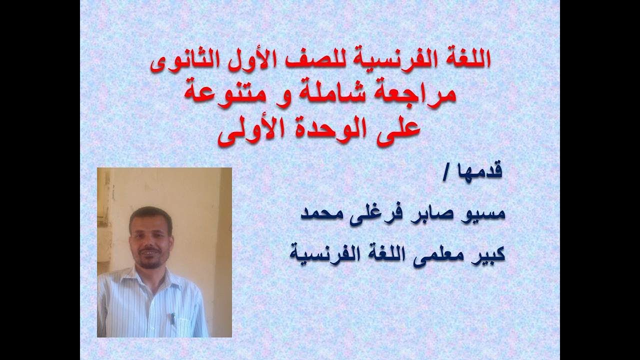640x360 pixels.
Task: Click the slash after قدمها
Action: pyautogui.click(x=460, y=173)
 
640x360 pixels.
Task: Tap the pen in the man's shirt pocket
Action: pyautogui.click(x=173, y=319)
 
